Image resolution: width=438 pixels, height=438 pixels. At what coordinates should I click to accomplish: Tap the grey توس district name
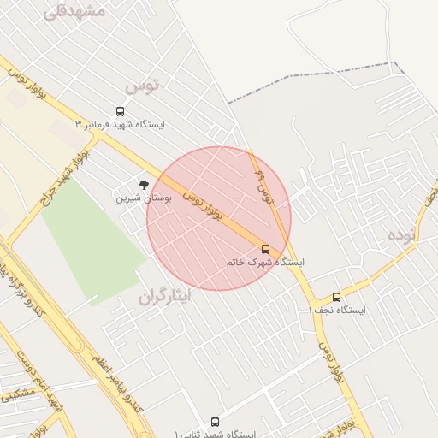click(x=142, y=86)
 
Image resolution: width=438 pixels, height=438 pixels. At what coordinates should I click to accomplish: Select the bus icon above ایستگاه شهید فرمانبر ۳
click(x=119, y=111)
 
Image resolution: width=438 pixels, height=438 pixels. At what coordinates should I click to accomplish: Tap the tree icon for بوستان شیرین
click(x=143, y=184)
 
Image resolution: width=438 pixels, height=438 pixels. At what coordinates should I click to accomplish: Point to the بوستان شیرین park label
click(x=144, y=197)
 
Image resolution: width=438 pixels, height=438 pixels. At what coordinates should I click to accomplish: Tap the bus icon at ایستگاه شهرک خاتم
click(x=265, y=249)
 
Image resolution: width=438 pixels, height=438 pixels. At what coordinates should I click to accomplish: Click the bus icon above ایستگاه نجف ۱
click(x=336, y=297)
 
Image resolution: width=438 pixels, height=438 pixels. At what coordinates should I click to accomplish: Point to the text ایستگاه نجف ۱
click(x=336, y=310)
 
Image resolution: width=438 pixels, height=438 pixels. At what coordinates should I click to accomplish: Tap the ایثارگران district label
click(x=168, y=296)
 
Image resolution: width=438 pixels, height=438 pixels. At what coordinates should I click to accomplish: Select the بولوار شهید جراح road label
click(x=65, y=179)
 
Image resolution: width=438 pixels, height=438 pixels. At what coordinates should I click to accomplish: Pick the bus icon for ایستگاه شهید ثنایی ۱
click(x=215, y=422)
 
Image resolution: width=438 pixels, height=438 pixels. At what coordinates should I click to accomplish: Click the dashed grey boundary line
click(x=325, y=74)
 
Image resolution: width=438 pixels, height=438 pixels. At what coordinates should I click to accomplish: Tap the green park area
click(x=92, y=244)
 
